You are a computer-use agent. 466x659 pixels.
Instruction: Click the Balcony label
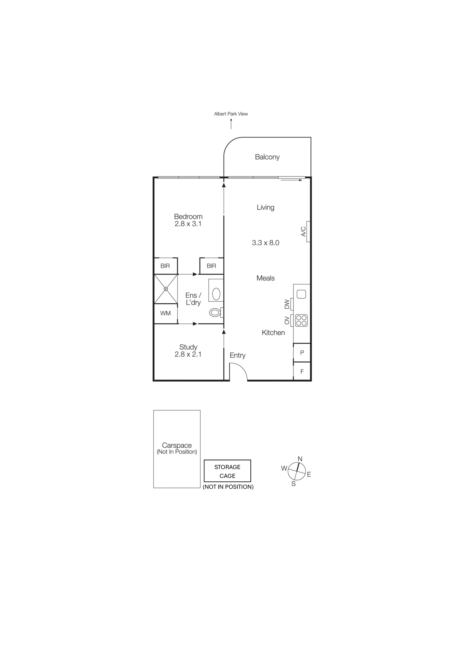coord(267,157)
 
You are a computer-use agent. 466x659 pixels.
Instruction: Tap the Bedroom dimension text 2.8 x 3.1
coord(188,224)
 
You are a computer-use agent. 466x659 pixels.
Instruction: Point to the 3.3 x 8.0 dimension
coord(265,243)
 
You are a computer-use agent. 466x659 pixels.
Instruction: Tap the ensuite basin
coord(216,294)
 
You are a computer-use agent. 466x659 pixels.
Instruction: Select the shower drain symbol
coord(166,289)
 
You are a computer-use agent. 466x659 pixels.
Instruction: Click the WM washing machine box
coord(165,313)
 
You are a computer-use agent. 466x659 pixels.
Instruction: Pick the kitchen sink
coord(301,294)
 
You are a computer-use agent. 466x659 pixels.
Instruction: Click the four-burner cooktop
coord(301,321)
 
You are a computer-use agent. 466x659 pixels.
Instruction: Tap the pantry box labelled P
coord(302,353)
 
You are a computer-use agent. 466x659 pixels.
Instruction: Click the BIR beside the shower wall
coord(165,266)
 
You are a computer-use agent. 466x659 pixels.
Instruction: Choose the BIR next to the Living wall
coord(211,266)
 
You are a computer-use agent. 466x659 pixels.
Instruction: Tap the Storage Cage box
coord(227,471)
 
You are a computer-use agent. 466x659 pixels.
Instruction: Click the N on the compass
coord(300,459)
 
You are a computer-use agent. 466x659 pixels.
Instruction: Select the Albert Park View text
coord(231,114)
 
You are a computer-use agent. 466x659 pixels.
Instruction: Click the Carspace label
coord(177,445)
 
